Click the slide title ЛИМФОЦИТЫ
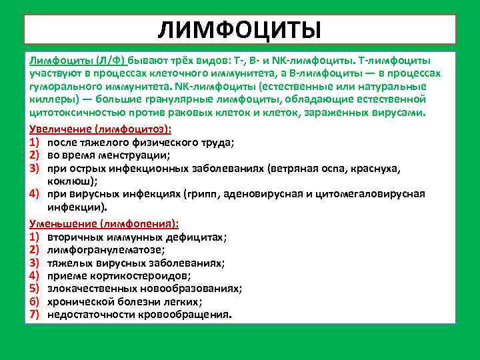(240, 29)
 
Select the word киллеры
(48, 99)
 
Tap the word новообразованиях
(189, 289)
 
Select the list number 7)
(35, 314)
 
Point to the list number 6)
(35, 301)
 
